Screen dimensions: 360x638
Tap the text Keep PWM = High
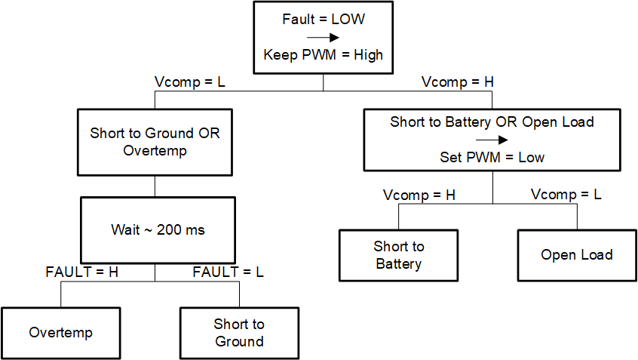click(323, 55)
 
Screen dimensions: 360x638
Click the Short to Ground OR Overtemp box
click(155, 142)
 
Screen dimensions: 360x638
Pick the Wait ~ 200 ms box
click(155, 229)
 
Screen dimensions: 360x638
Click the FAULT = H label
click(82, 272)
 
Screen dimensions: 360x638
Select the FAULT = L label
click(229, 272)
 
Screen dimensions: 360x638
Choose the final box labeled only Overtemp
click(60, 333)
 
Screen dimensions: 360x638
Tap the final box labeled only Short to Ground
click(239, 333)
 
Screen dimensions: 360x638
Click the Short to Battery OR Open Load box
click(492, 140)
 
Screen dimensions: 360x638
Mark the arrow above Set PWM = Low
click(492, 140)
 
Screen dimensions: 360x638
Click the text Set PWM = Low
click(492, 158)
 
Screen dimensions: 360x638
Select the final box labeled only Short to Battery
click(399, 255)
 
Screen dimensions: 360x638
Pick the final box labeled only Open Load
click(577, 255)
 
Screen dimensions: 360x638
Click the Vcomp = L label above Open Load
click(566, 195)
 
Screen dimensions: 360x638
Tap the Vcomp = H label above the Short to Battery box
click(419, 195)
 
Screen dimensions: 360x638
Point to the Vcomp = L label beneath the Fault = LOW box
click(189, 82)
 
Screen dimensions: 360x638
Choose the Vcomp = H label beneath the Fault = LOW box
click(457, 82)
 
